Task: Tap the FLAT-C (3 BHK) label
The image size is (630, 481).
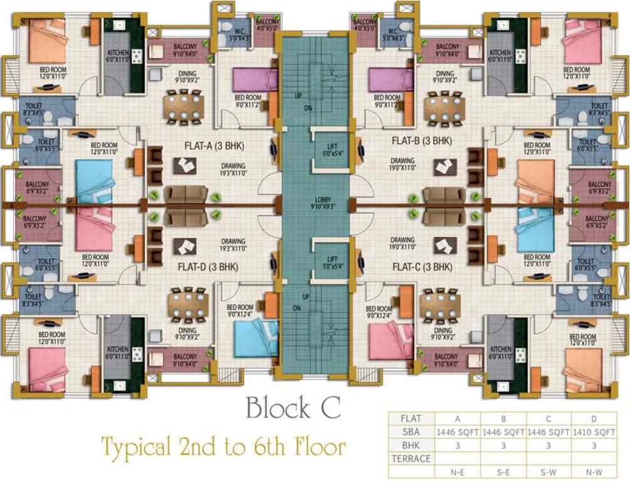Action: tap(422, 267)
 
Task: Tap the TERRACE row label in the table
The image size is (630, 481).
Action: tap(411, 458)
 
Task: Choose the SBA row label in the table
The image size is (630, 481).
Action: tap(411, 432)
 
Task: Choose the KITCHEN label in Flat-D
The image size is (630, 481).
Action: tap(117, 351)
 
